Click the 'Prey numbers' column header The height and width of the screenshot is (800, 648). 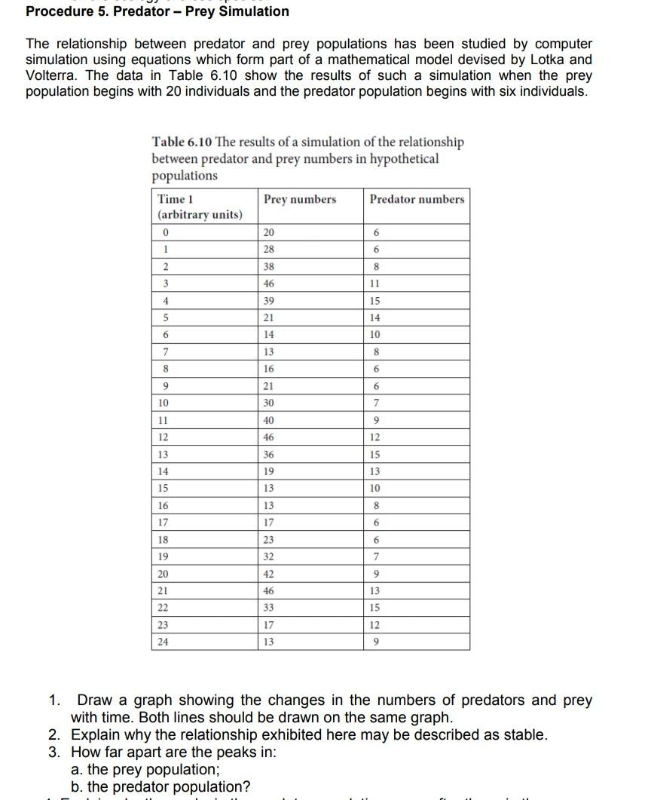tap(300, 199)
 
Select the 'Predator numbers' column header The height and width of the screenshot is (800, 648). tap(417, 199)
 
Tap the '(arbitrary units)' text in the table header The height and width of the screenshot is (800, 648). tap(200, 215)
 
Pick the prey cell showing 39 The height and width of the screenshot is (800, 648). tap(269, 301)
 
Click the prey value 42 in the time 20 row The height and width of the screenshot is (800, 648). tap(269, 572)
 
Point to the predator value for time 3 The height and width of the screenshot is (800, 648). tap(376, 284)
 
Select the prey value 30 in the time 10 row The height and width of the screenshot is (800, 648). tap(269, 403)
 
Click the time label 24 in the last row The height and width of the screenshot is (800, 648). tap(164, 642)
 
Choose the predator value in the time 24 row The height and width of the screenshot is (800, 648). tap(376, 642)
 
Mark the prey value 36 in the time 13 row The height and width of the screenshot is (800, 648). tap(269, 454)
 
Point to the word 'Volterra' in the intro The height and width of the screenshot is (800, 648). tap(49, 75)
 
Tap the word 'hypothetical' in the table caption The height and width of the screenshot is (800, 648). tap(403, 159)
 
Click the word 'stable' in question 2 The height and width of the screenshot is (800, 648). tap(526, 734)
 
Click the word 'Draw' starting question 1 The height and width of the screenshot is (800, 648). tap(96, 700)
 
